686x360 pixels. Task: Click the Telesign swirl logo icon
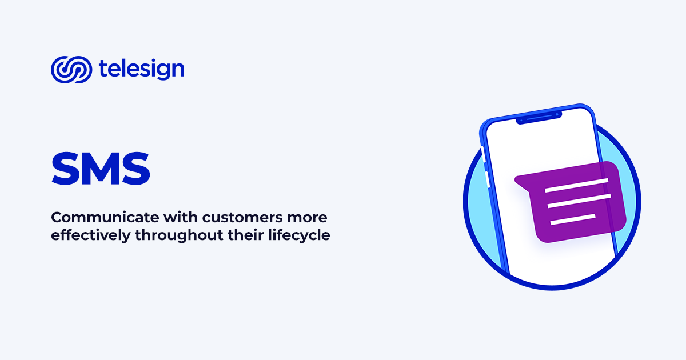71,70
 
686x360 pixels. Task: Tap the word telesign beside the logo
141,69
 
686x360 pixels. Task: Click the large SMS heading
101,168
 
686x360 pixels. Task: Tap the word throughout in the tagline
171,235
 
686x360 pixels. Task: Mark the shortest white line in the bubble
572,219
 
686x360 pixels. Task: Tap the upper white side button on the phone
483,153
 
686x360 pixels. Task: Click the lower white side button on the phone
487,178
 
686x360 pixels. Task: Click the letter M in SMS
101,168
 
